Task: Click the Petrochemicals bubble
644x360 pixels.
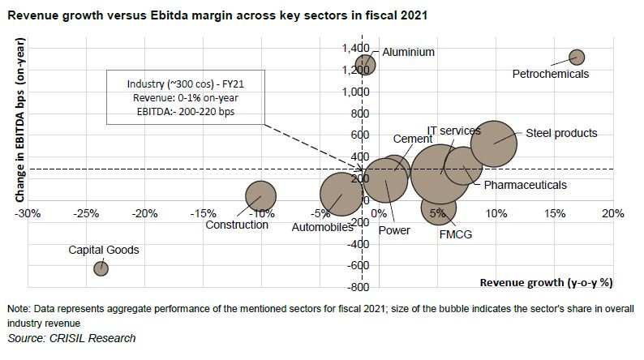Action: [577, 57]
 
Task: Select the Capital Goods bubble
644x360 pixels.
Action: [101, 268]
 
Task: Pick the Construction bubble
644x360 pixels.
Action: [260, 195]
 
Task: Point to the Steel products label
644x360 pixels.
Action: [561, 133]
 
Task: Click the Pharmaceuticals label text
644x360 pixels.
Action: [525, 185]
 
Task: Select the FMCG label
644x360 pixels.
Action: [456, 234]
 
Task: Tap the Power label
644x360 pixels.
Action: [394, 230]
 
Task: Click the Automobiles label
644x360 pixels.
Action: [322, 226]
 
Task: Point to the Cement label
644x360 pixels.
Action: [412, 139]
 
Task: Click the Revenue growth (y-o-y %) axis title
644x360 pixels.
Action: [546, 283]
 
